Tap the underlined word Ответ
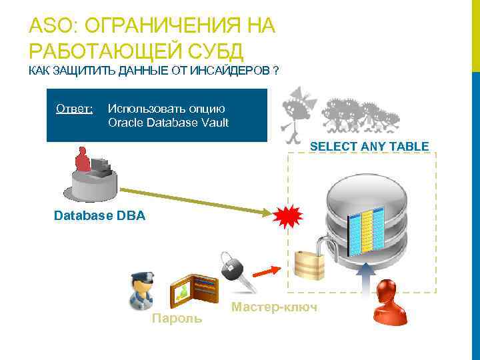point(75,108)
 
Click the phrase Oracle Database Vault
point(168,122)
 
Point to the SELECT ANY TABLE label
point(369,146)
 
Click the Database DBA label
point(99,216)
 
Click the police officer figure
point(143,292)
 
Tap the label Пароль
point(177,319)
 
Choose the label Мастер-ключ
point(274,307)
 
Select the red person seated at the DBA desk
point(83,160)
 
